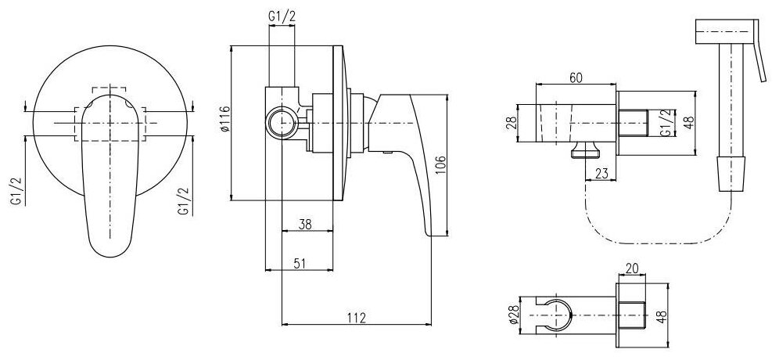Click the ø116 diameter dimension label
pos(224,122)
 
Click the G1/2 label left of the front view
pos(16,191)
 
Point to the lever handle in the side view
pos(415,157)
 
